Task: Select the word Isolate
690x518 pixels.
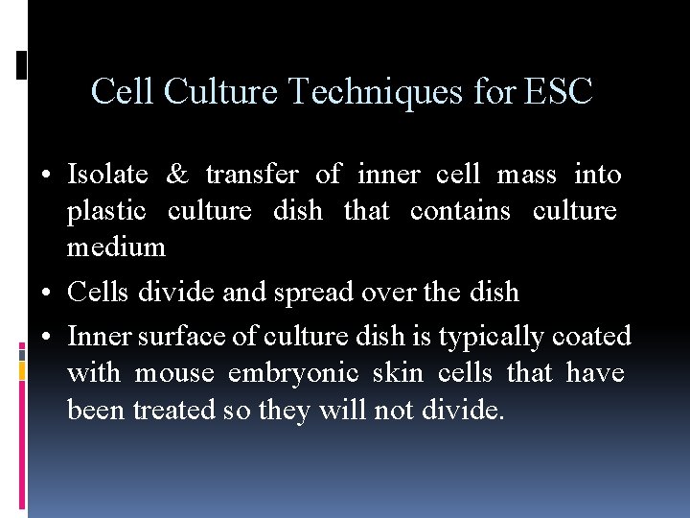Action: [x=107, y=175]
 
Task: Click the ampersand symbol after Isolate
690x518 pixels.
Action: [x=177, y=175]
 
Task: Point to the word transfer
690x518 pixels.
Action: [x=252, y=175]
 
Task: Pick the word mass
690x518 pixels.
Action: [x=526, y=175]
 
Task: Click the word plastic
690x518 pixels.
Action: [x=106, y=211]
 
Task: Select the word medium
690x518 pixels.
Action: [x=116, y=247]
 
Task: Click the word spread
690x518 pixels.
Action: [x=308, y=293]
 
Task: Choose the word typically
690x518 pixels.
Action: [x=490, y=338]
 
